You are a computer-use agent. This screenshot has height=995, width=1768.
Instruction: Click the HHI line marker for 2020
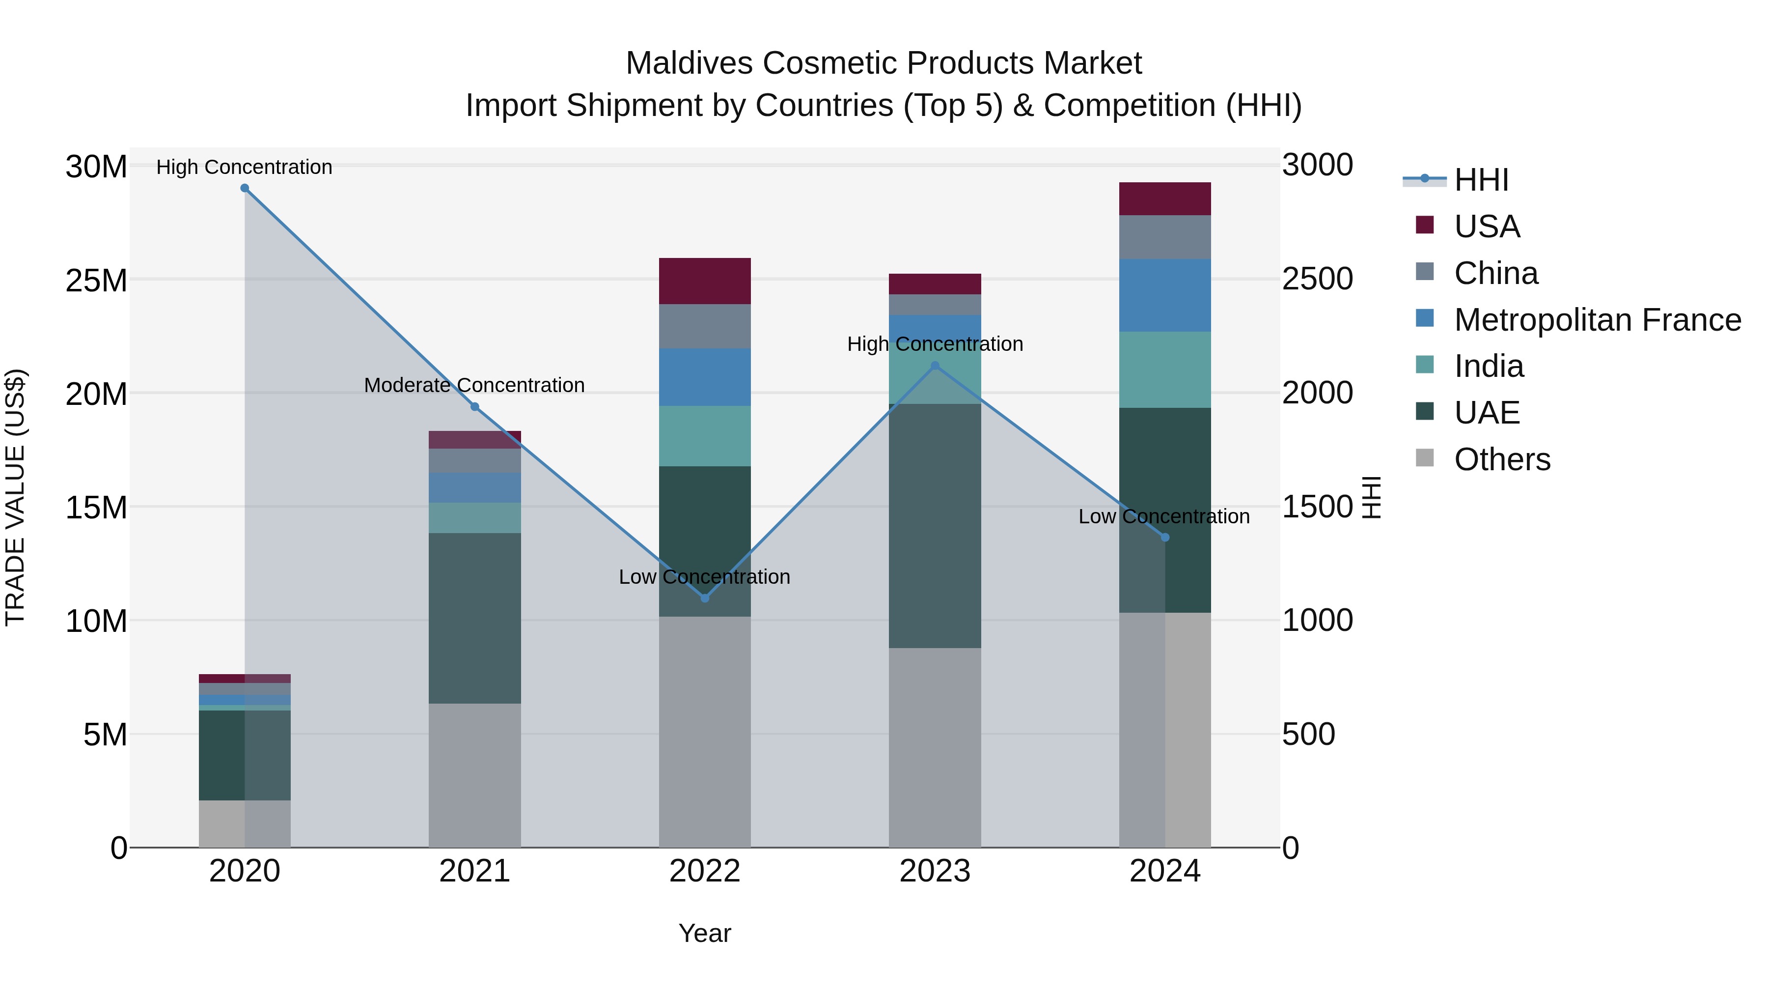pos(245,188)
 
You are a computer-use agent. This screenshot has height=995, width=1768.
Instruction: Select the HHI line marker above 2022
pos(704,598)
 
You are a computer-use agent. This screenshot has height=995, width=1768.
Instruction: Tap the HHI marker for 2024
pos(1165,538)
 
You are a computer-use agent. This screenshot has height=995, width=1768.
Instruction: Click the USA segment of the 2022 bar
pos(704,281)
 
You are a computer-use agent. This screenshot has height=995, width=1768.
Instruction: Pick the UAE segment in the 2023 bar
pos(934,525)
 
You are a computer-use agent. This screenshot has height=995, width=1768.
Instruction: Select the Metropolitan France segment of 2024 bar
pos(1165,295)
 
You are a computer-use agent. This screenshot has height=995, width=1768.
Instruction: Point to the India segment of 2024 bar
pos(1165,370)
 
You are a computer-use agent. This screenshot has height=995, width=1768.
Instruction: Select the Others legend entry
pos(1502,459)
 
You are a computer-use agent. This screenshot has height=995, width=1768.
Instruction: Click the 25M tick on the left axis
pos(96,280)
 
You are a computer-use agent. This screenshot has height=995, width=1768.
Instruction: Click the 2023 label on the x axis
pos(934,871)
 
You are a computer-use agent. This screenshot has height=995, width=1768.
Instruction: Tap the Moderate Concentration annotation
pos(474,385)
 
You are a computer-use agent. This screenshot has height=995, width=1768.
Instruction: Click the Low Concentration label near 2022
pos(704,577)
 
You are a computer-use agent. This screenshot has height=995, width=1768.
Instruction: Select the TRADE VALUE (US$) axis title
pos(15,497)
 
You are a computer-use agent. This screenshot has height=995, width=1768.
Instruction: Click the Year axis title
pos(704,933)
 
